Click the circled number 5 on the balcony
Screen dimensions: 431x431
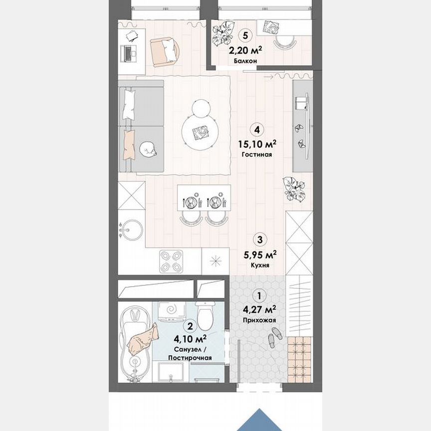click(244, 35)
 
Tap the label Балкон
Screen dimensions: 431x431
click(245, 61)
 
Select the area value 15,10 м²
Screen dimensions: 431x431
click(257, 144)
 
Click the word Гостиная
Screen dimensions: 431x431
click(257, 155)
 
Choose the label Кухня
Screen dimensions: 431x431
click(260, 265)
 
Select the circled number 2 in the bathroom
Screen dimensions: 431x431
click(189, 326)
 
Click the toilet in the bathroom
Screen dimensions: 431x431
click(205, 315)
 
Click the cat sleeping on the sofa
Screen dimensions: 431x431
click(148, 149)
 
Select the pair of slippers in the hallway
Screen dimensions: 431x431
click(274, 337)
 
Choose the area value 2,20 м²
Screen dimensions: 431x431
click(245, 50)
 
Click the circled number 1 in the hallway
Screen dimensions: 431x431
click(258, 295)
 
